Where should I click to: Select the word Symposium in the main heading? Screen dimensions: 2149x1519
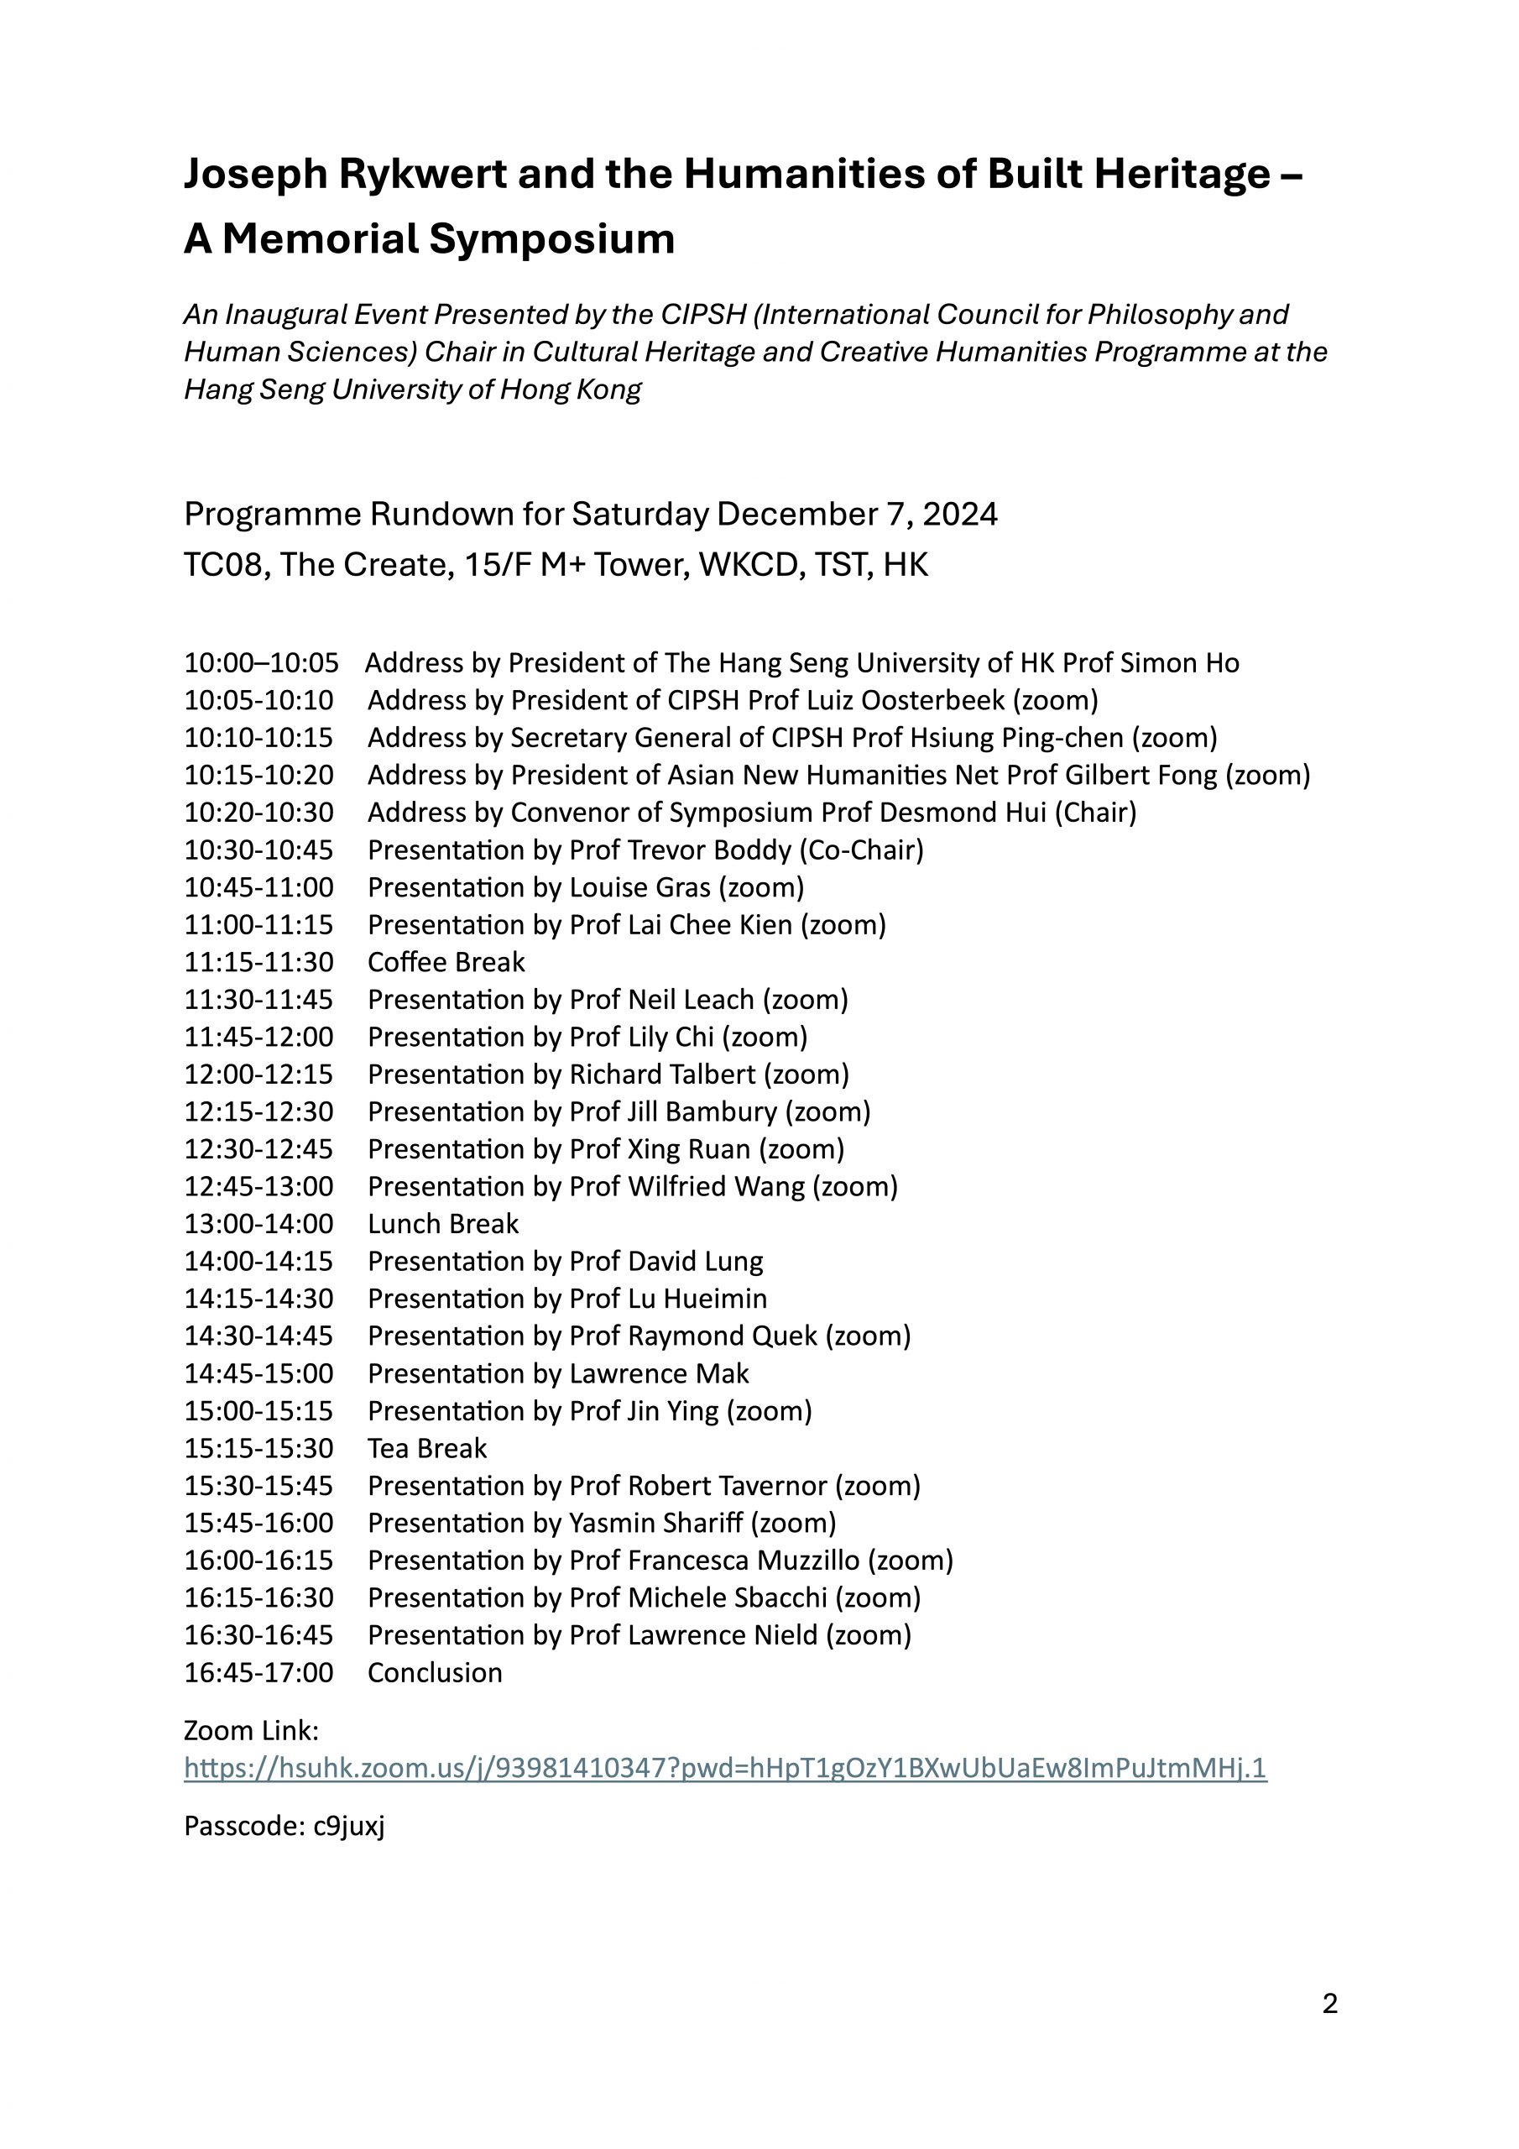pyautogui.click(x=551, y=238)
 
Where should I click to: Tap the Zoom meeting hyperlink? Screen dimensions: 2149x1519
pyautogui.click(x=724, y=1768)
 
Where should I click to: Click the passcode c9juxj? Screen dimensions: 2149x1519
pyautogui.click(x=349, y=1826)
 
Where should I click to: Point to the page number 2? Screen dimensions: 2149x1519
pyautogui.click(x=1330, y=2004)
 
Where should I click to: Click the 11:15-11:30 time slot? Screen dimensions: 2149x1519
pyautogui.click(x=258, y=962)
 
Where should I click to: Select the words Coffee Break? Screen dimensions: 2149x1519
pyautogui.click(x=446, y=962)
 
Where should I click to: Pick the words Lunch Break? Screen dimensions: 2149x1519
pyautogui.click(x=442, y=1224)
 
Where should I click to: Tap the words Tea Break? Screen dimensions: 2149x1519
pyautogui.click(x=427, y=1449)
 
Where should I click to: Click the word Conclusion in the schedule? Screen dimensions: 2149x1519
pyautogui.click(x=434, y=1672)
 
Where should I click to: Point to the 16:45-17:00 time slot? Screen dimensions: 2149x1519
pyautogui.click(x=258, y=1672)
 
